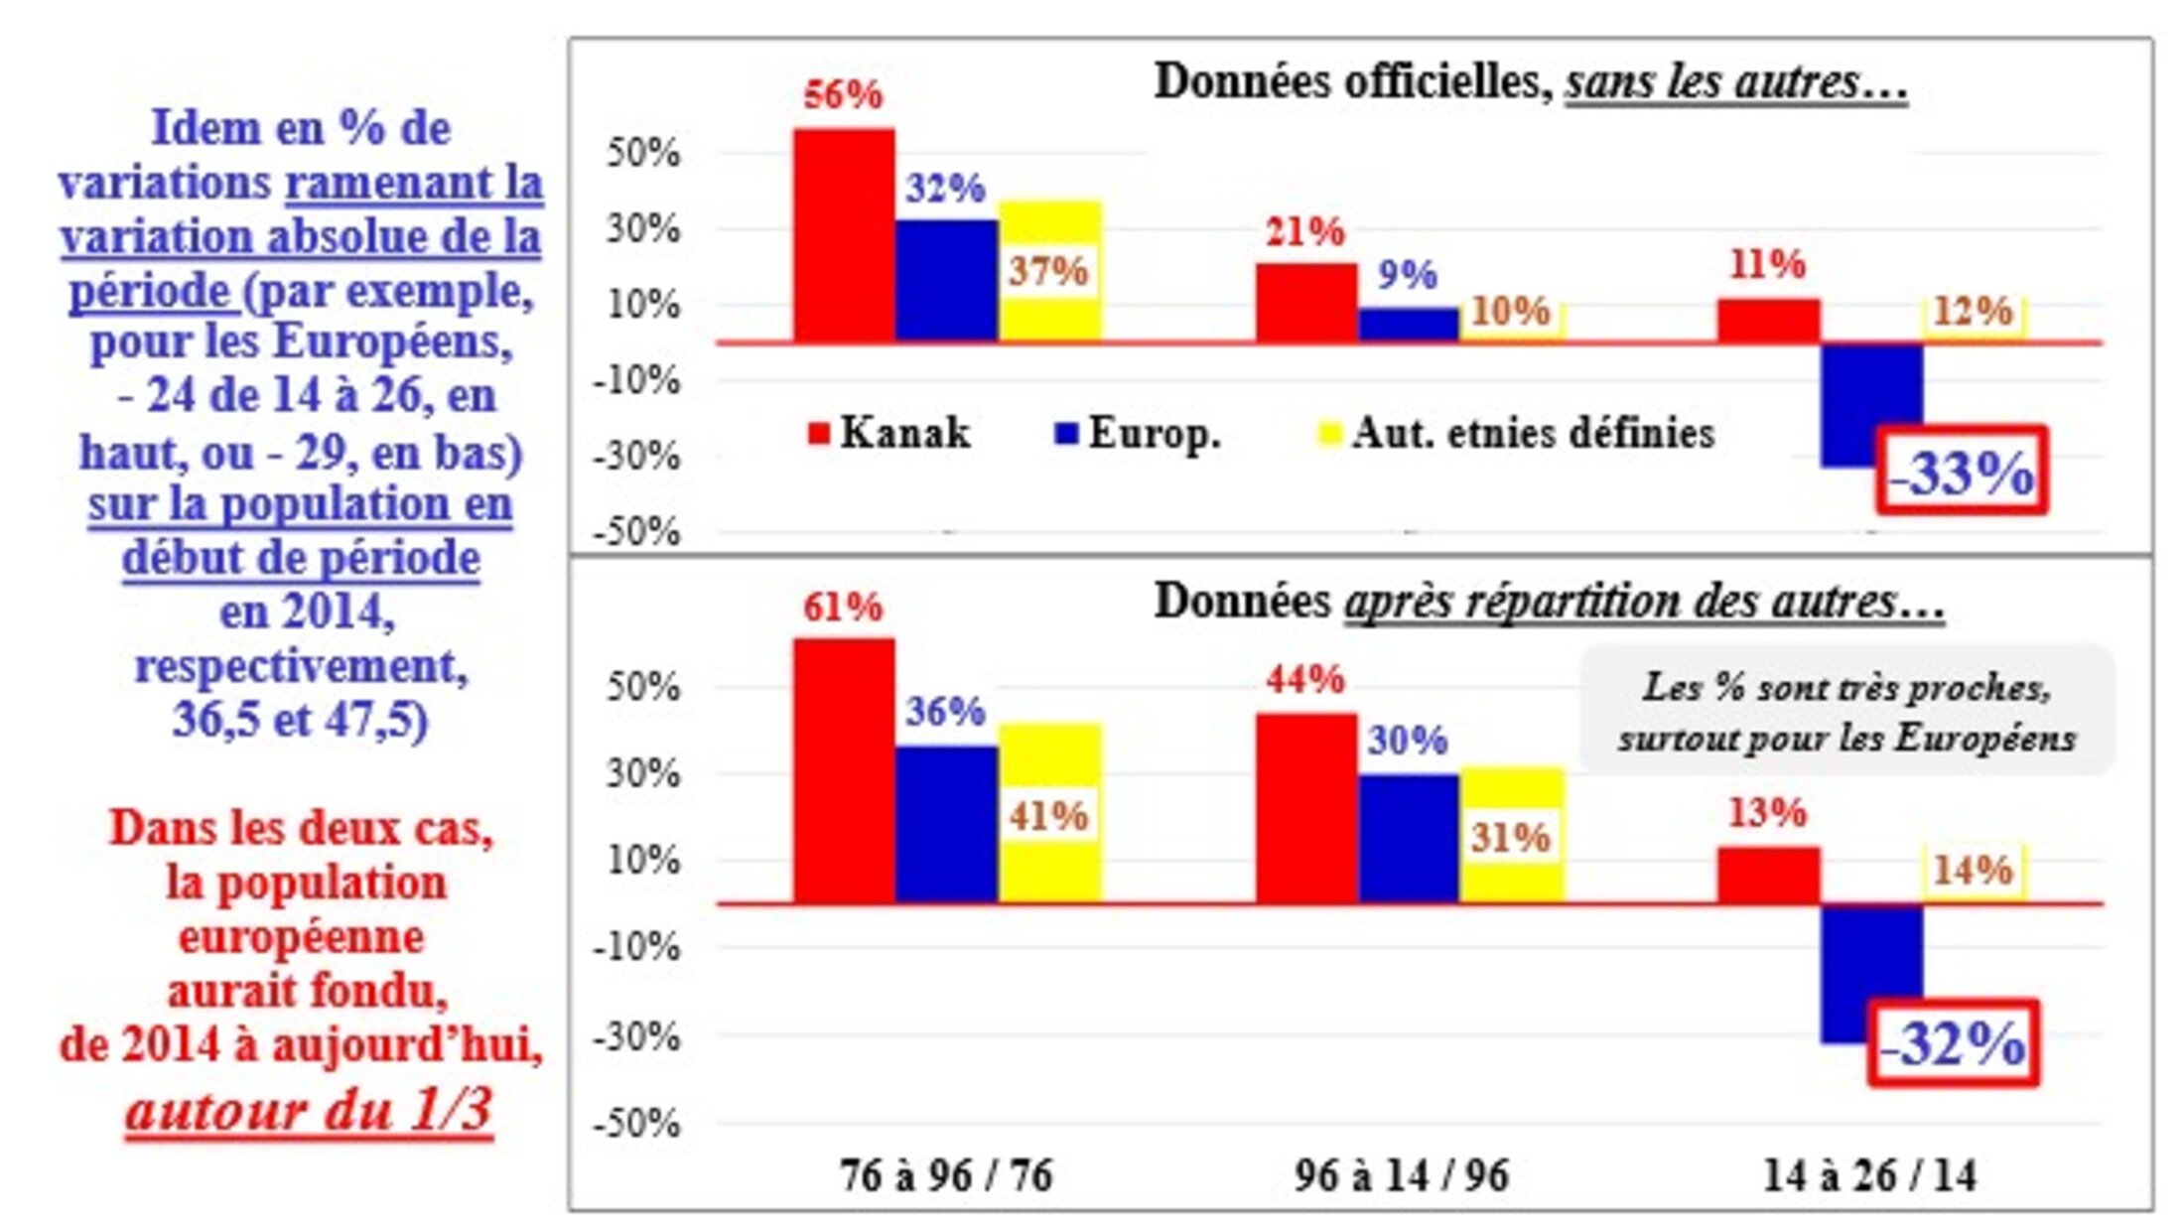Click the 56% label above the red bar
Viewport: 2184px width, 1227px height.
coord(843,95)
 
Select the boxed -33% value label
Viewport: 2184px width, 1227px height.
coord(1962,472)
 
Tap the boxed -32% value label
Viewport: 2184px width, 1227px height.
coord(1953,1043)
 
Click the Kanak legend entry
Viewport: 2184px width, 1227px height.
coord(889,433)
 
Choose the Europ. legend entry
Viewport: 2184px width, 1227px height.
coord(1138,433)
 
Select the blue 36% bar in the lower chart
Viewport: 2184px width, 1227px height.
coord(946,824)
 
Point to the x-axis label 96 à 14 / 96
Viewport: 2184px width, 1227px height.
coord(1401,1175)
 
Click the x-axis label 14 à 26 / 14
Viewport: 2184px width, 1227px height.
coord(1869,1175)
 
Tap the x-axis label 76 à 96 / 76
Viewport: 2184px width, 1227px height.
coord(946,1175)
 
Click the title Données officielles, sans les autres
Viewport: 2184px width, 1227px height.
coord(1530,81)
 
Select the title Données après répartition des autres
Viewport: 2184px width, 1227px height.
coord(1549,602)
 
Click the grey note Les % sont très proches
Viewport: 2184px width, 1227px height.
coord(1846,712)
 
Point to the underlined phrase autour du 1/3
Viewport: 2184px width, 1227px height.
coord(309,1110)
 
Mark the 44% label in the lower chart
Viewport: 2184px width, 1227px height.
coord(1304,680)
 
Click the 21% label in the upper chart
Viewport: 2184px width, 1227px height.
coord(1304,232)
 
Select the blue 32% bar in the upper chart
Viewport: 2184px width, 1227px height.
coord(946,280)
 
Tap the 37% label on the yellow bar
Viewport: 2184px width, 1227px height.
coord(1048,271)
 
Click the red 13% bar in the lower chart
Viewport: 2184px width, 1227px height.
coord(1768,875)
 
